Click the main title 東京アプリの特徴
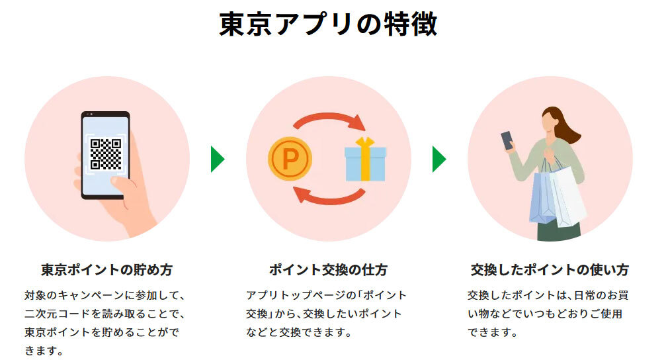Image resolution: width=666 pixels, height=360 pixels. point(328,25)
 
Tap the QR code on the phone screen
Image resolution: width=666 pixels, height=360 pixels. point(106,154)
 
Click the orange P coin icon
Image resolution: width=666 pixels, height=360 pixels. point(290,159)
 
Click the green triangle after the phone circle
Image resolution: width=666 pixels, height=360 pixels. point(218,159)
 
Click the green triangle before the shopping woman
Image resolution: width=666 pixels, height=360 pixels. point(439,159)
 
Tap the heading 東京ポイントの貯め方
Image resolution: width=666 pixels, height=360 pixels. point(106,270)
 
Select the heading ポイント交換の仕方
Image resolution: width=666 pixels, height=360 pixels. point(328,270)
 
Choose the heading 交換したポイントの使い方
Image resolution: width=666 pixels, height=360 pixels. point(550,270)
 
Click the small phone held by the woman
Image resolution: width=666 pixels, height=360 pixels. point(507,140)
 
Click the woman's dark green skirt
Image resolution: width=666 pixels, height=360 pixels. point(559,230)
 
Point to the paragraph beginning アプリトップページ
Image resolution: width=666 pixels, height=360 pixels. point(327,313)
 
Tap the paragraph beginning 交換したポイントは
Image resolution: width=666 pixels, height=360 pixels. point(548,313)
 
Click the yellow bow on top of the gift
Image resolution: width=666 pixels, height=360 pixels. point(364,142)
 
